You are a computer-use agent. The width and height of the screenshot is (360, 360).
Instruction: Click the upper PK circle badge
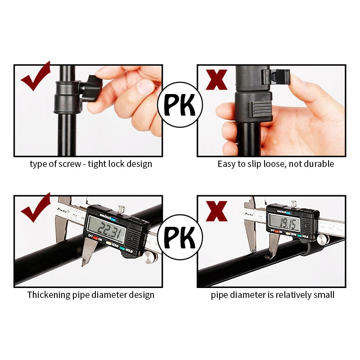180,104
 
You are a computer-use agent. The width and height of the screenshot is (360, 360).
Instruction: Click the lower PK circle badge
180,237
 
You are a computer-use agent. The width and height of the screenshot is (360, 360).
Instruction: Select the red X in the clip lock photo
216,79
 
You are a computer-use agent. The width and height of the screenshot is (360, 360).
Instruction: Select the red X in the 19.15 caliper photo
216,211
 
